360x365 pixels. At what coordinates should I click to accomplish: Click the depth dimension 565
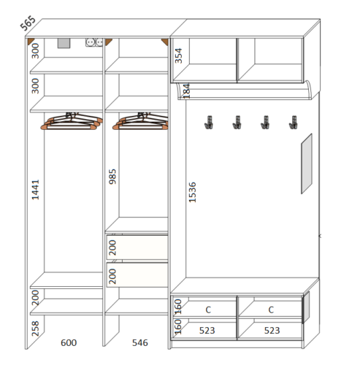pos(28,23)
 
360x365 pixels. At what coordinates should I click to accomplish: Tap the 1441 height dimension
pos(35,190)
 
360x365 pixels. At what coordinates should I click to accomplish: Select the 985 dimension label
pos(112,177)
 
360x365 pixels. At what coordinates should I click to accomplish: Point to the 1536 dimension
pos(192,192)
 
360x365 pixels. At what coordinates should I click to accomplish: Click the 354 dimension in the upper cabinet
pos(178,55)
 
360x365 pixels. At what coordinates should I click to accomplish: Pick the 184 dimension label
pos(186,91)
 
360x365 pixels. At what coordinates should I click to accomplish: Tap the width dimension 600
pos(69,342)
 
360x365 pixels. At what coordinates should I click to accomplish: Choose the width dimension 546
pos(140,342)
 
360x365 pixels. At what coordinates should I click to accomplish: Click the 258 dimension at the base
pos(35,328)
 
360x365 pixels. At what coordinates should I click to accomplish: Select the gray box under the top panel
pos(64,43)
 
